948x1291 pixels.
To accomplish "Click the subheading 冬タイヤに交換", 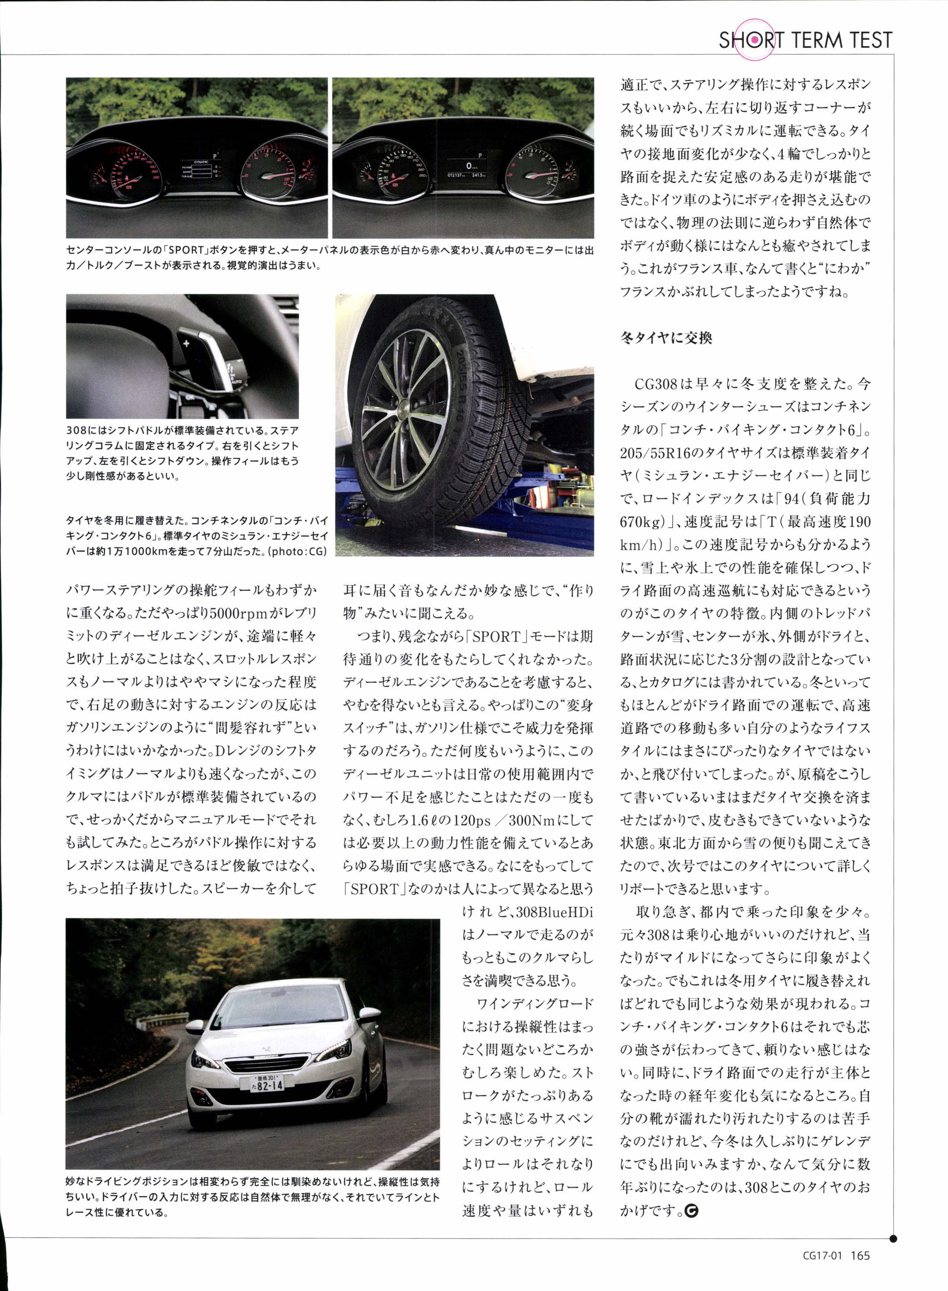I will tap(666, 338).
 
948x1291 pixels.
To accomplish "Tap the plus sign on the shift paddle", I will tap(186, 343).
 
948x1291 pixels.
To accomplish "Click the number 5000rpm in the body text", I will tap(239, 613).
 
